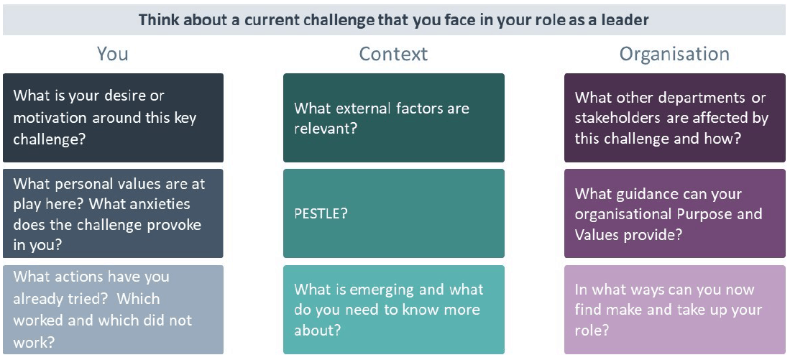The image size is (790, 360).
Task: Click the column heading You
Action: coord(112,54)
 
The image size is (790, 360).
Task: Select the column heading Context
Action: coord(393,54)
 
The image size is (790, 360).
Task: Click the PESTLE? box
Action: coord(393,213)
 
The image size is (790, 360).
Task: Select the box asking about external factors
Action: coord(393,118)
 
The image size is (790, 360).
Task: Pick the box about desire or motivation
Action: coord(113,118)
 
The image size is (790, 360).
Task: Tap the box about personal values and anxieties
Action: coord(113,213)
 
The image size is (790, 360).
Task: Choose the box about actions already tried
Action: coord(113,310)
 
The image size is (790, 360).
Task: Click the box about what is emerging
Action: coord(393,310)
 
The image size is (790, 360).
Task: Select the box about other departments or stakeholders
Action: coord(674,118)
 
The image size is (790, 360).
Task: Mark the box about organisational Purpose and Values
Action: coord(674,213)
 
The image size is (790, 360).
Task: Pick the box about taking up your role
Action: coord(674,310)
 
